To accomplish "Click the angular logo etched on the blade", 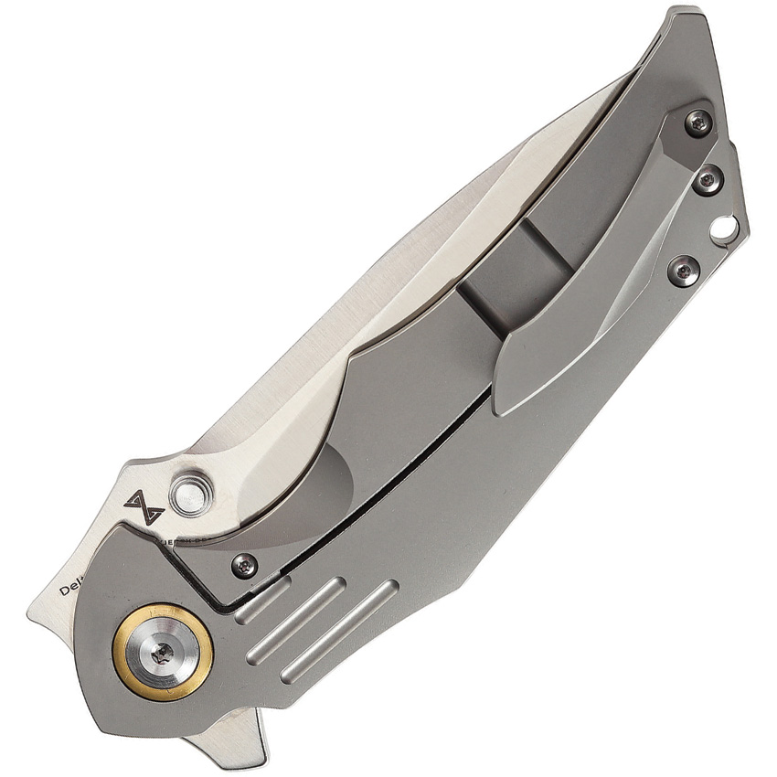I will tap(144, 506).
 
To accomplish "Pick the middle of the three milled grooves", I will tap(297, 621).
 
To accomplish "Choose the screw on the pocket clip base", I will tap(697, 122).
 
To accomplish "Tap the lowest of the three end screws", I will tap(683, 270).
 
